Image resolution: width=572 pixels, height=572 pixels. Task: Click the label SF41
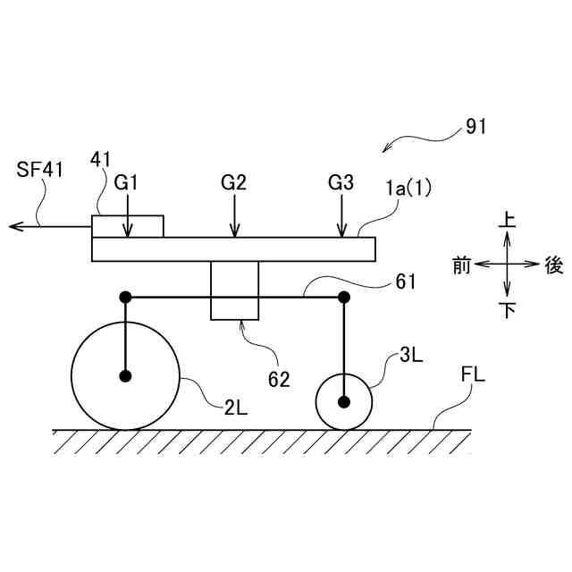pos(38,169)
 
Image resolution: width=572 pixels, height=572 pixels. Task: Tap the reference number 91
pos(475,127)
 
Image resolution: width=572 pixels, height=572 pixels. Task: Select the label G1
pos(127,182)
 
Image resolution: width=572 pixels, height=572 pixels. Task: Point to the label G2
pos(233,182)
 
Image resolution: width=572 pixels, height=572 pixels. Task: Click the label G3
pos(341,182)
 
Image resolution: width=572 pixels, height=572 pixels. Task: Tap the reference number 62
pos(279,379)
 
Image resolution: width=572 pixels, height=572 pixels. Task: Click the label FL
pos(473,374)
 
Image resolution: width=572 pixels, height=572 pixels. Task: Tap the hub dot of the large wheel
pos(125,375)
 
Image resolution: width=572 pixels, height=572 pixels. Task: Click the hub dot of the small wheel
pos(344,400)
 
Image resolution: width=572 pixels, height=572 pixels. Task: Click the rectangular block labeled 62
pos(234,290)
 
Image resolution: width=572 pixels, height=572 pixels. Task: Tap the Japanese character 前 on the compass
pos(461,265)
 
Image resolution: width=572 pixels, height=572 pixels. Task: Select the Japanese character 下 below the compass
pos(507,310)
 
